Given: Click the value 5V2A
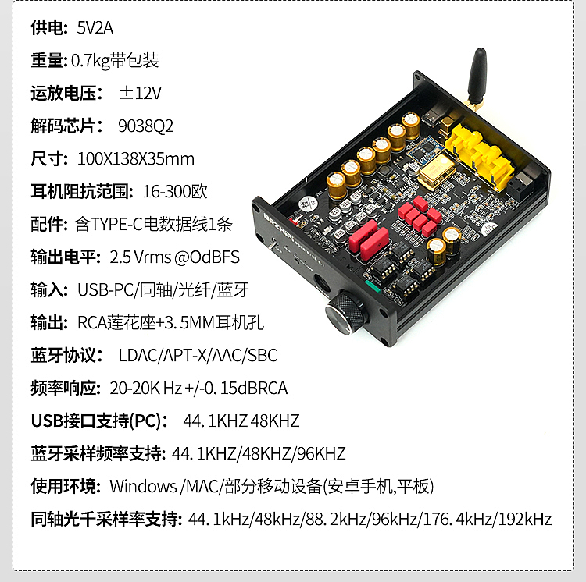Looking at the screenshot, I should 95,28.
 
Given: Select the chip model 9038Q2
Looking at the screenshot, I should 145,126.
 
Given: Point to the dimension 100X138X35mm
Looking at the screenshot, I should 136,159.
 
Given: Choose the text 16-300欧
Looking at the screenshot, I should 175,191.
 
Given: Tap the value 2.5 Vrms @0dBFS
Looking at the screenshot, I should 175,257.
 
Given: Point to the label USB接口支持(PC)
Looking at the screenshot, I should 98,421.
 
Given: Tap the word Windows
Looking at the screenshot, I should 143,487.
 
